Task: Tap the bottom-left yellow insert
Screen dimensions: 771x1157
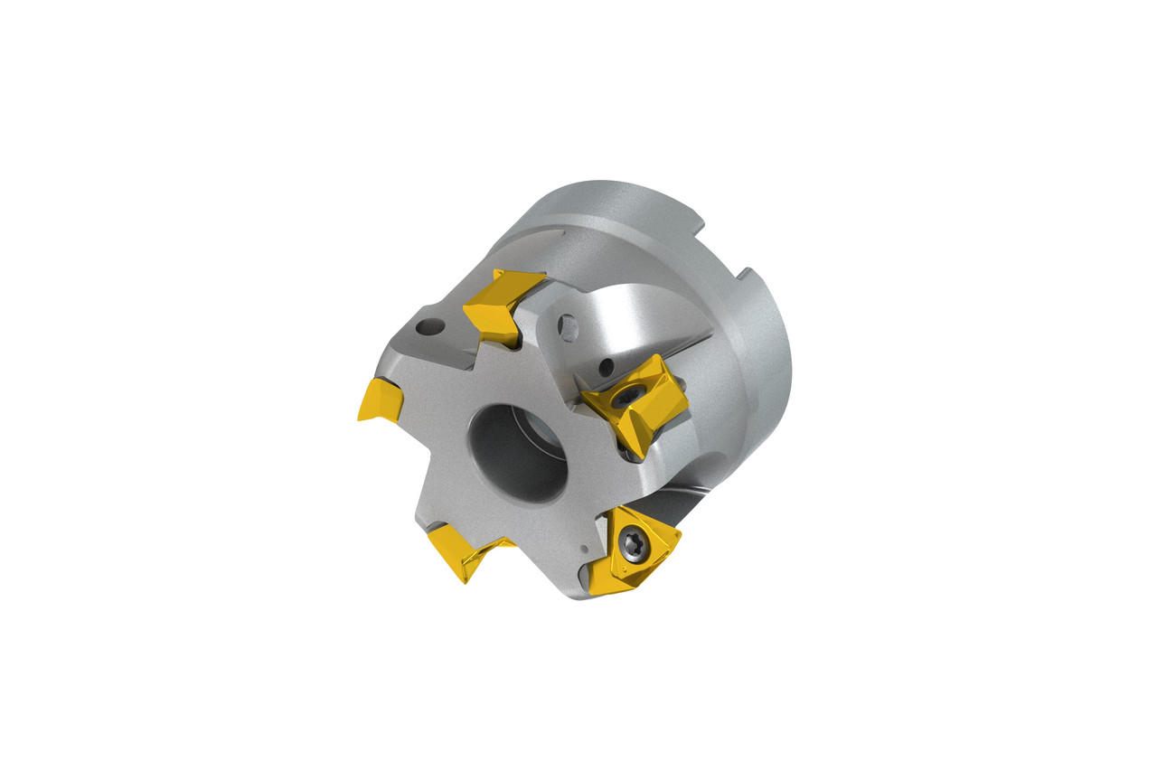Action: click(461, 553)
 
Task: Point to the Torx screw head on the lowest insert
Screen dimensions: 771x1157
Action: click(633, 544)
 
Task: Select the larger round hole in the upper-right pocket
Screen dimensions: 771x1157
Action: click(569, 324)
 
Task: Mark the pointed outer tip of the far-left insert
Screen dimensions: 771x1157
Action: click(360, 418)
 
